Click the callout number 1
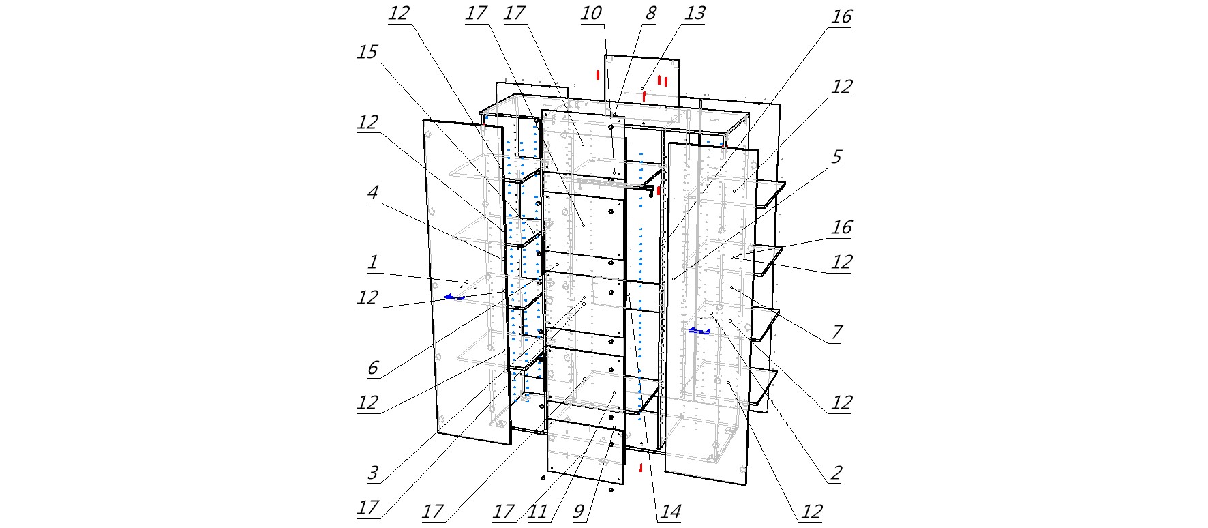click(x=372, y=262)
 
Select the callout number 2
click(x=836, y=473)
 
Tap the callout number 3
click(x=373, y=473)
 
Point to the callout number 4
click(x=373, y=192)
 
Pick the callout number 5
click(x=836, y=158)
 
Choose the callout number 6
click(x=373, y=368)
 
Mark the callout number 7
click(x=836, y=332)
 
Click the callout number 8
click(x=650, y=14)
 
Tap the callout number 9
click(x=579, y=512)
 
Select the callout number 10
click(x=591, y=14)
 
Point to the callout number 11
click(x=538, y=512)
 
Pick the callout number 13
click(x=695, y=14)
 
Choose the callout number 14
click(x=670, y=512)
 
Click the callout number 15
click(x=367, y=53)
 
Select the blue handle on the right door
click(x=699, y=331)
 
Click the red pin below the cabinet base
click(x=641, y=468)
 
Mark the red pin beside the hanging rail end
click(x=659, y=190)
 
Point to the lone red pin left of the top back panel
click(x=598, y=74)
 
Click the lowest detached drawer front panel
click(x=585, y=452)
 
